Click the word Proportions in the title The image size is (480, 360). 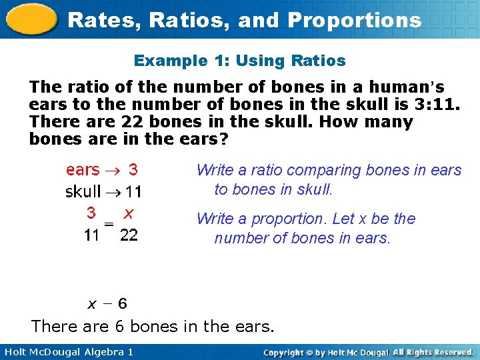(355, 20)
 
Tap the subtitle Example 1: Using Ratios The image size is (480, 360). (240, 61)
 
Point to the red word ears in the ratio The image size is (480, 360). (83, 171)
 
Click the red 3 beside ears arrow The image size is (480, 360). (133, 170)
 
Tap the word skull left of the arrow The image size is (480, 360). (83, 192)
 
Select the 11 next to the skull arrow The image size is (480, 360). (133, 192)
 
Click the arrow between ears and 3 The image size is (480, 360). (113, 171)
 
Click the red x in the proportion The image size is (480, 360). (129, 213)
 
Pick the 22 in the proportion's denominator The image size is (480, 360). (129, 235)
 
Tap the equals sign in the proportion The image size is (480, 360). (110, 225)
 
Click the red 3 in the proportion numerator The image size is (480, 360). (91, 213)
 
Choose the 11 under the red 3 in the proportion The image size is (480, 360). (91, 235)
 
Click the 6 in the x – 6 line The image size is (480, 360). (122, 304)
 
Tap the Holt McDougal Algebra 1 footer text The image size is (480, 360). (67, 351)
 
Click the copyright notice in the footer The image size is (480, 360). (368, 351)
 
